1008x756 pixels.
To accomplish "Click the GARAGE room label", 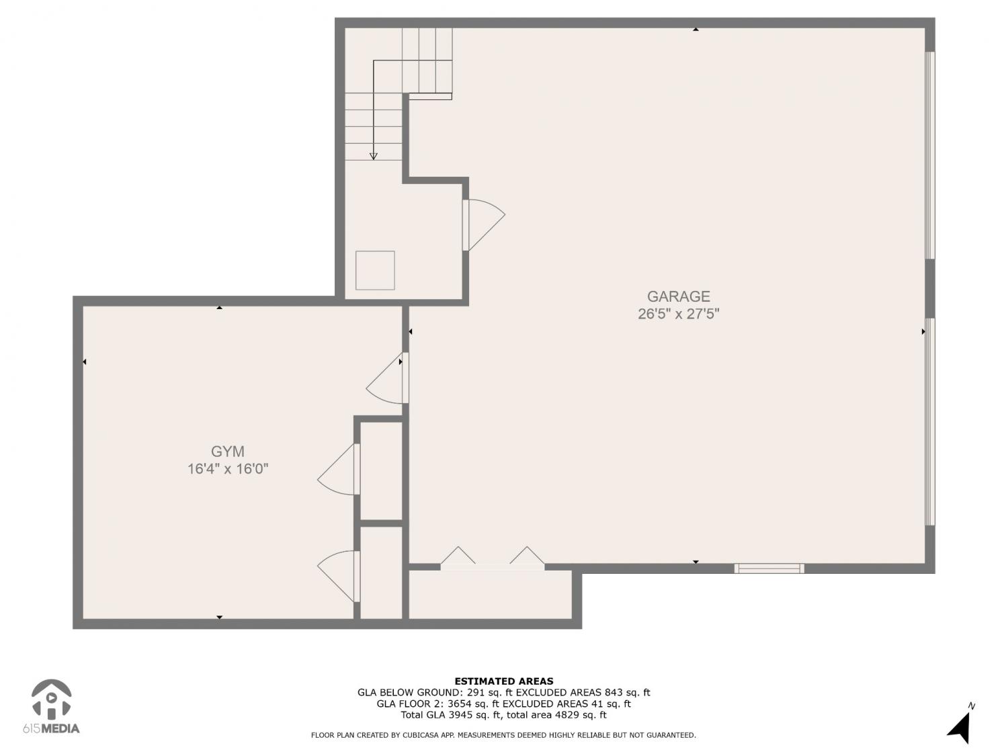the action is point(678,296).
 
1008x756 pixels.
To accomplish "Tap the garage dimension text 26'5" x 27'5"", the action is point(678,314).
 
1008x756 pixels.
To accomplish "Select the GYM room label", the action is point(227,452).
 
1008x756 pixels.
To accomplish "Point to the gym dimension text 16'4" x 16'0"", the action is point(227,469).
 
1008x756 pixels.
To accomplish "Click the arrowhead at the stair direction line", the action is point(374,157).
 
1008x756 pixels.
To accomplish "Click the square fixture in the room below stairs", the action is point(375,270).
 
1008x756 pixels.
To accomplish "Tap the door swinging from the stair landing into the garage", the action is point(484,225).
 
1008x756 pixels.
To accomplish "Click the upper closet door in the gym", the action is point(339,469).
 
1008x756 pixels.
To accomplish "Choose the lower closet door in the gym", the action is point(339,576).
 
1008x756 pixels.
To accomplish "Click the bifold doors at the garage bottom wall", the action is point(493,559).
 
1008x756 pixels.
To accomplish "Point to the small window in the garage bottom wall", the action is point(769,569).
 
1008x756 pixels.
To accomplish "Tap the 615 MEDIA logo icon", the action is point(52,699).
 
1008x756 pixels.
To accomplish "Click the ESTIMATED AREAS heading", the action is point(504,681).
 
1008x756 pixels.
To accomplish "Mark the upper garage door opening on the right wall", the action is point(929,155).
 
